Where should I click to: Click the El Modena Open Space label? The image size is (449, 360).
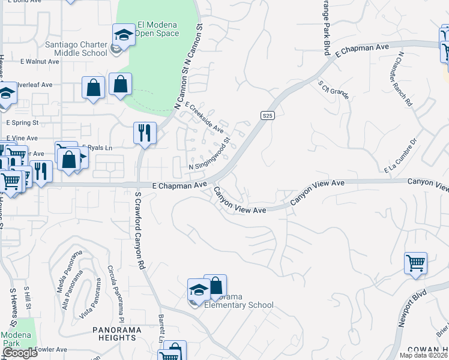click(x=158, y=29)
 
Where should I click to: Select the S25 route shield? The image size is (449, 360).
click(x=268, y=115)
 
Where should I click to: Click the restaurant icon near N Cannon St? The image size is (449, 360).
click(x=144, y=133)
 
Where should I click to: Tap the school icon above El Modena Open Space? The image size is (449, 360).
click(x=124, y=35)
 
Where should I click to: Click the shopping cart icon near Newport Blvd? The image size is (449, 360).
click(x=415, y=263)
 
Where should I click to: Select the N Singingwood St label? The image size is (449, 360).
click(x=209, y=154)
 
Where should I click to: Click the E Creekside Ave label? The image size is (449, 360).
click(x=205, y=117)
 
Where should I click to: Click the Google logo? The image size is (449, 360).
click(x=19, y=353)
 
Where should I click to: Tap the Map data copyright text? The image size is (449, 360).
click(x=423, y=355)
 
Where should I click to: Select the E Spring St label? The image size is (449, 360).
click(x=22, y=122)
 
